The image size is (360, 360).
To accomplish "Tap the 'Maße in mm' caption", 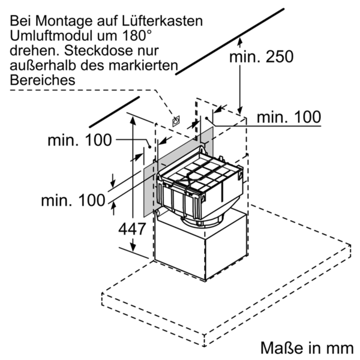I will pos(305,347).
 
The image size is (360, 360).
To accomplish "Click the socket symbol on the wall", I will pos(176,121).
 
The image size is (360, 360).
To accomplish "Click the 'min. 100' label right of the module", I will pos(289,117).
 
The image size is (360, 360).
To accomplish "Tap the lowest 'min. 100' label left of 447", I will pos(73,200).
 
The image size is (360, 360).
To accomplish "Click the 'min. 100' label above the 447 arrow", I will pos(80,140).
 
